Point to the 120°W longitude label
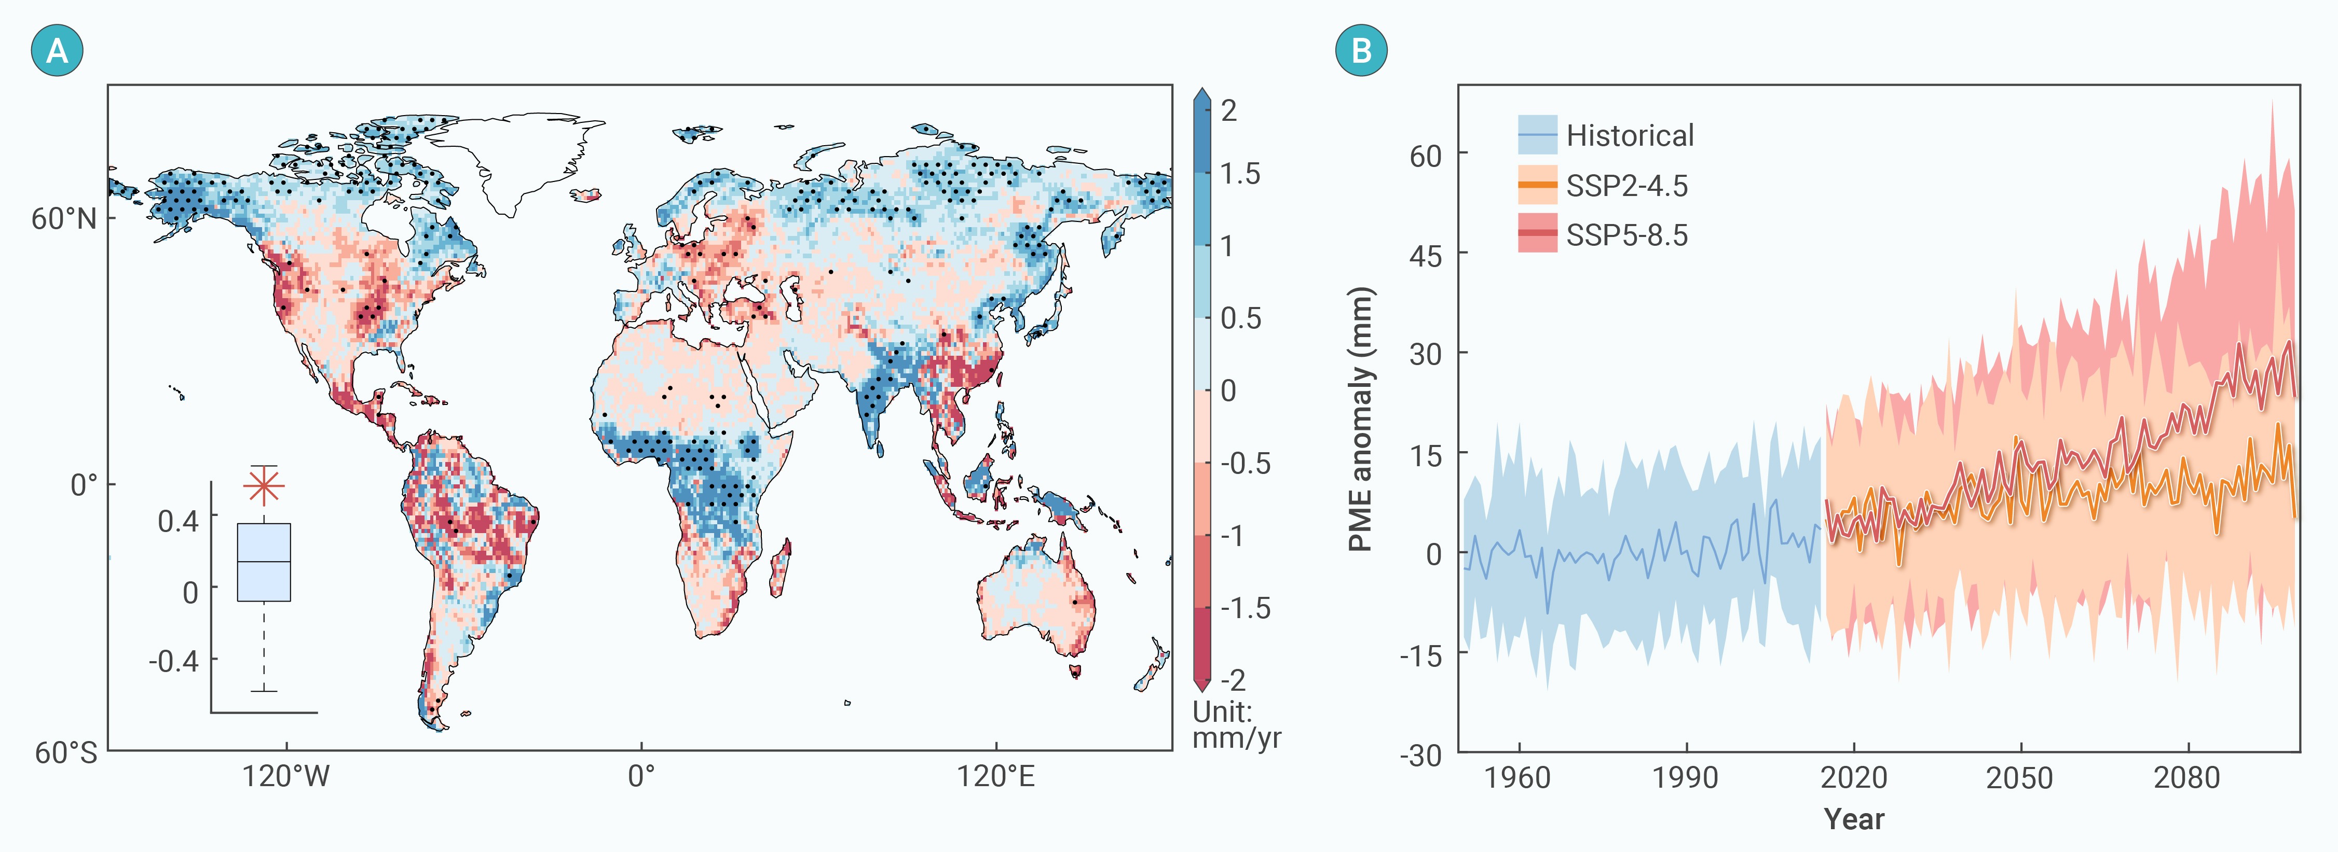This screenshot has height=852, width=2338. tap(286, 777)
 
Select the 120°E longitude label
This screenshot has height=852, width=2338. tap(995, 777)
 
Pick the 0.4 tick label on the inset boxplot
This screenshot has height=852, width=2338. tap(178, 521)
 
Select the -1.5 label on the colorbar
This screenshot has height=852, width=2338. tap(1245, 608)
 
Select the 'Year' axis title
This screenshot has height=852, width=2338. tap(1854, 818)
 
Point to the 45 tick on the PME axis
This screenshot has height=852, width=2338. tap(1426, 255)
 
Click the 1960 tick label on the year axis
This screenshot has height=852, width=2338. tap(1517, 778)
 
